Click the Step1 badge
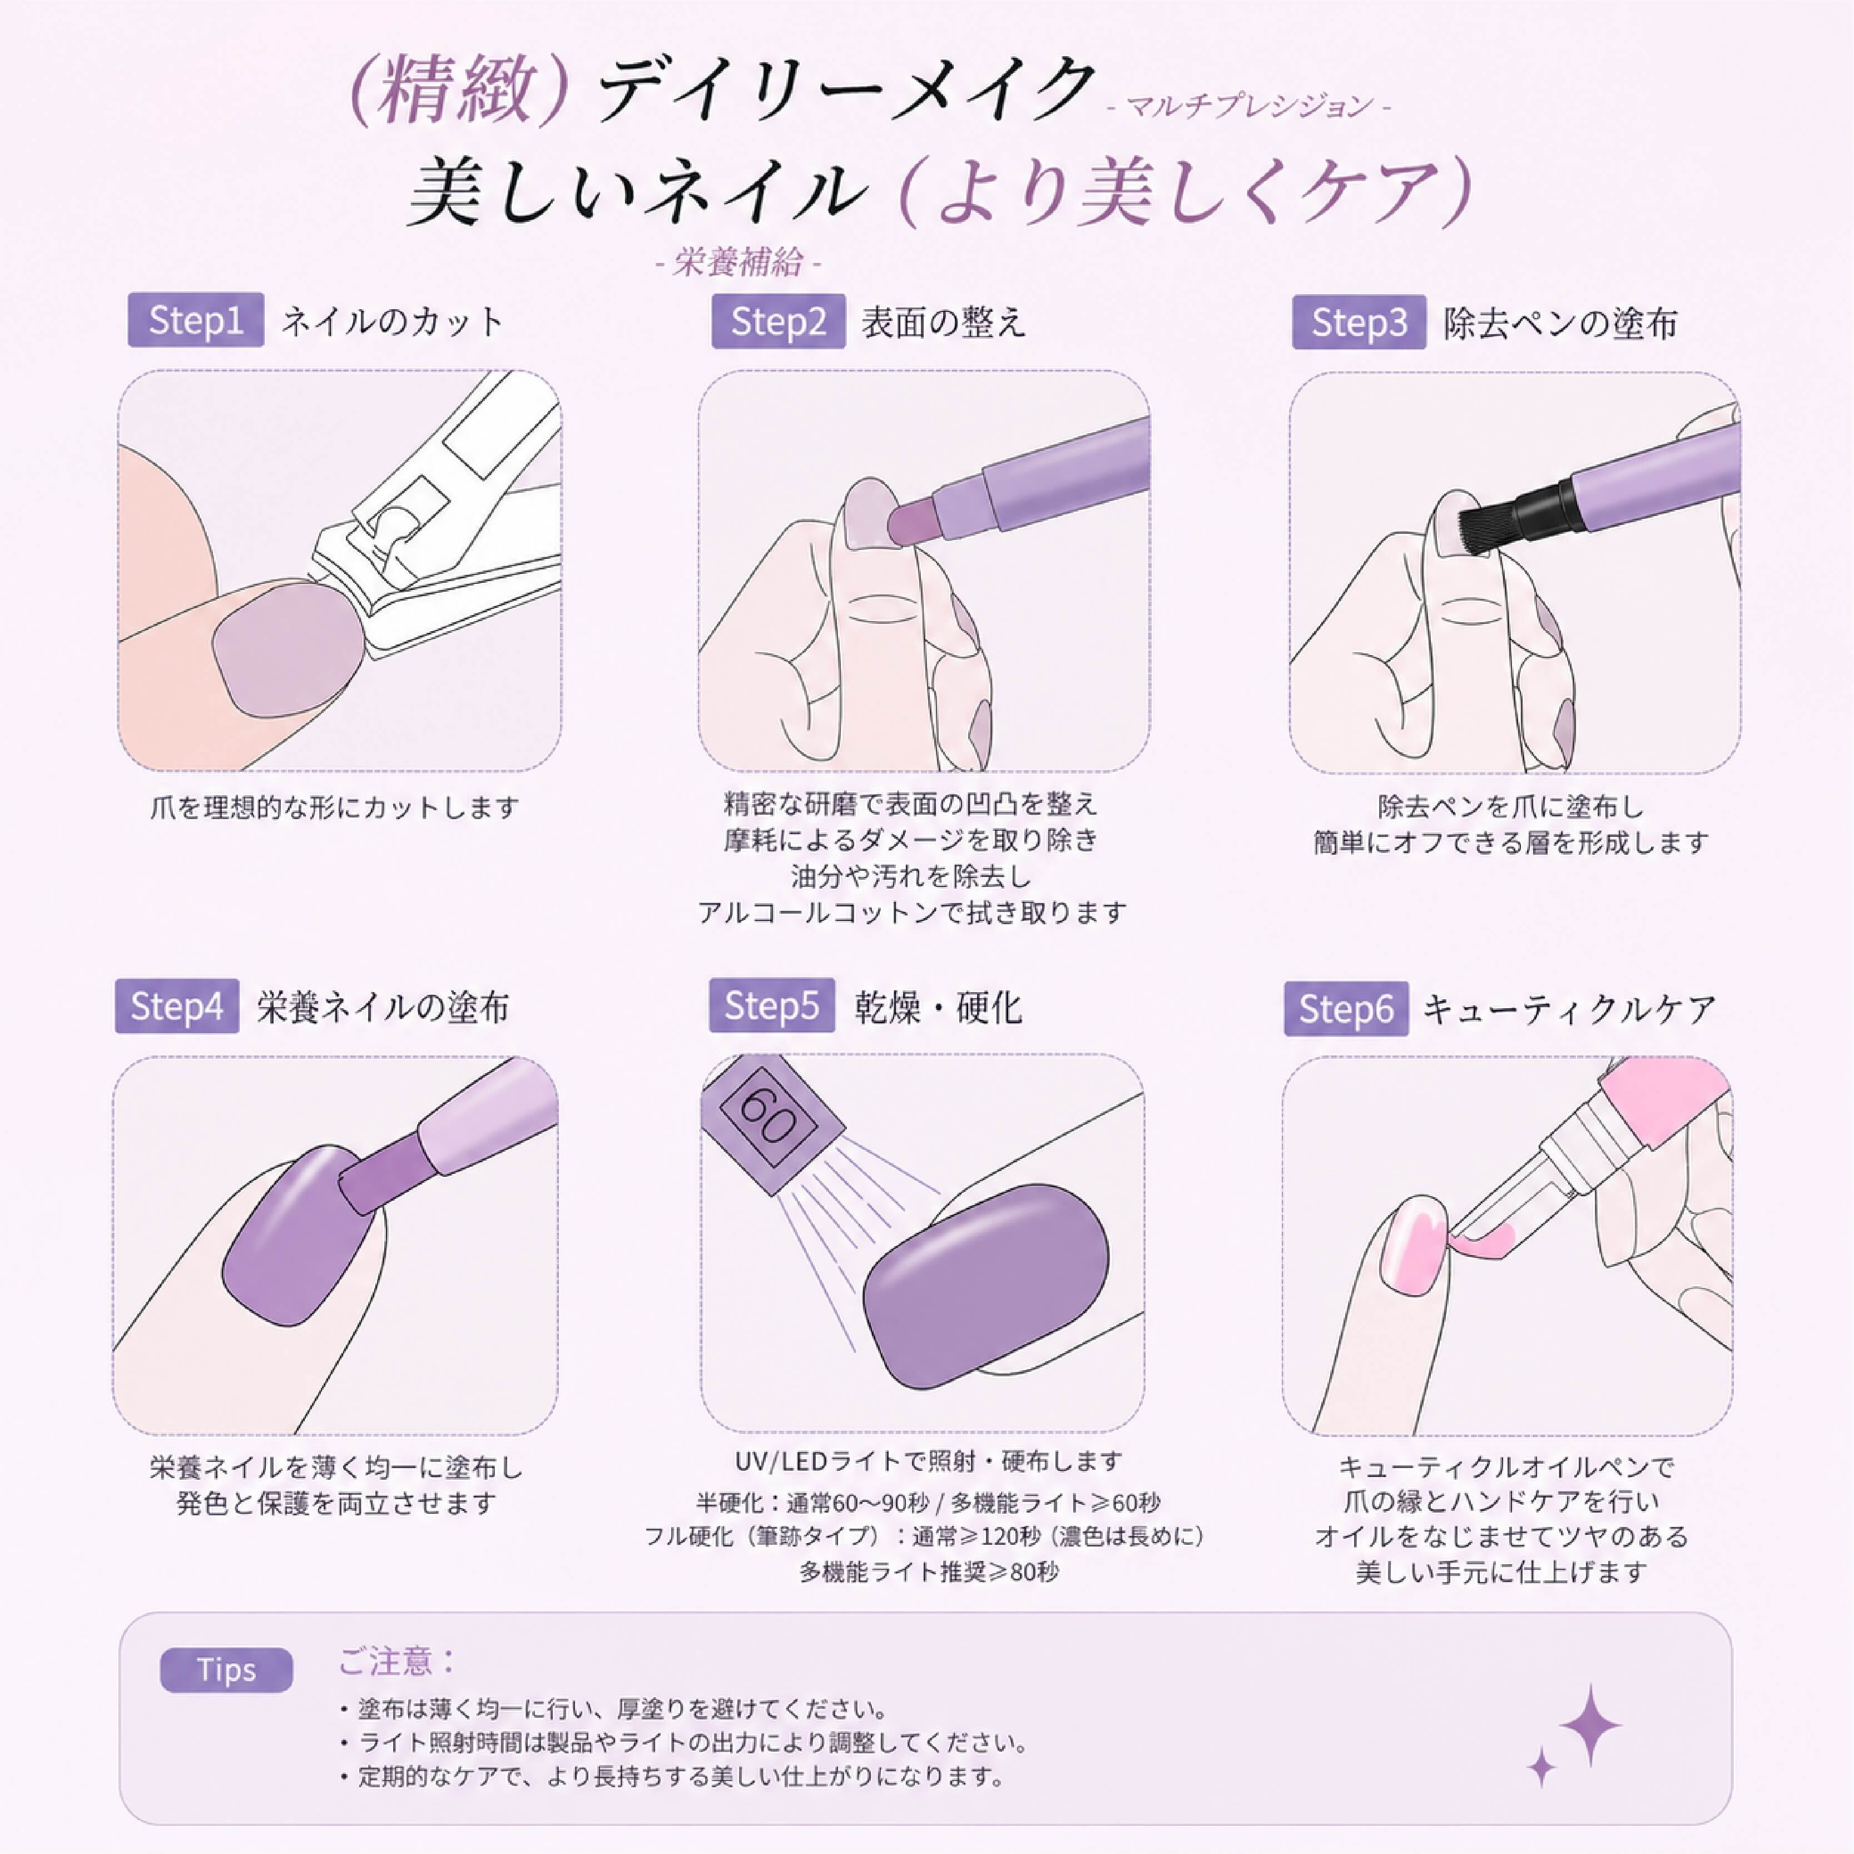click(x=196, y=320)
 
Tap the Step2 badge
click(x=779, y=321)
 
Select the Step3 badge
click(x=1359, y=323)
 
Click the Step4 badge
click(x=177, y=1006)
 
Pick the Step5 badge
click(x=771, y=1006)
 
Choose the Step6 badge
click(x=1346, y=1009)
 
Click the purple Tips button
click(x=226, y=1670)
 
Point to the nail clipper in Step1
click(x=442, y=518)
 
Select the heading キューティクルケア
click(x=1568, y=1009)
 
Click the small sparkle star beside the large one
click(x=1541, y=1767)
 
